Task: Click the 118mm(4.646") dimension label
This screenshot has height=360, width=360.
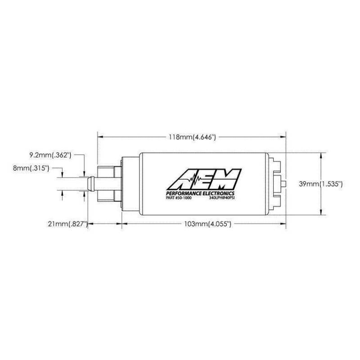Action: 193,137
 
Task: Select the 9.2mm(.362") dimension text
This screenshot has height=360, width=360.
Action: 50,155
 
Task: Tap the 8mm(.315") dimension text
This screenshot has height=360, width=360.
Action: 31,168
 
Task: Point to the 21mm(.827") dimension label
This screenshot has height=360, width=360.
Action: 68,224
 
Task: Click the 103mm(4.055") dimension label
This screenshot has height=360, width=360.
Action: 208,224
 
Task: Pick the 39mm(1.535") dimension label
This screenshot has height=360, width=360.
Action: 321,184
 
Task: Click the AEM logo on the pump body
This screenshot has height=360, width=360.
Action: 204,179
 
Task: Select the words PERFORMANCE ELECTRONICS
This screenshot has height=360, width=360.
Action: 200,193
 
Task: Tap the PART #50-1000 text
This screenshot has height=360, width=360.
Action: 179,198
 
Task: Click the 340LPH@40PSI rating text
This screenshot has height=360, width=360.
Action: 222,198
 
